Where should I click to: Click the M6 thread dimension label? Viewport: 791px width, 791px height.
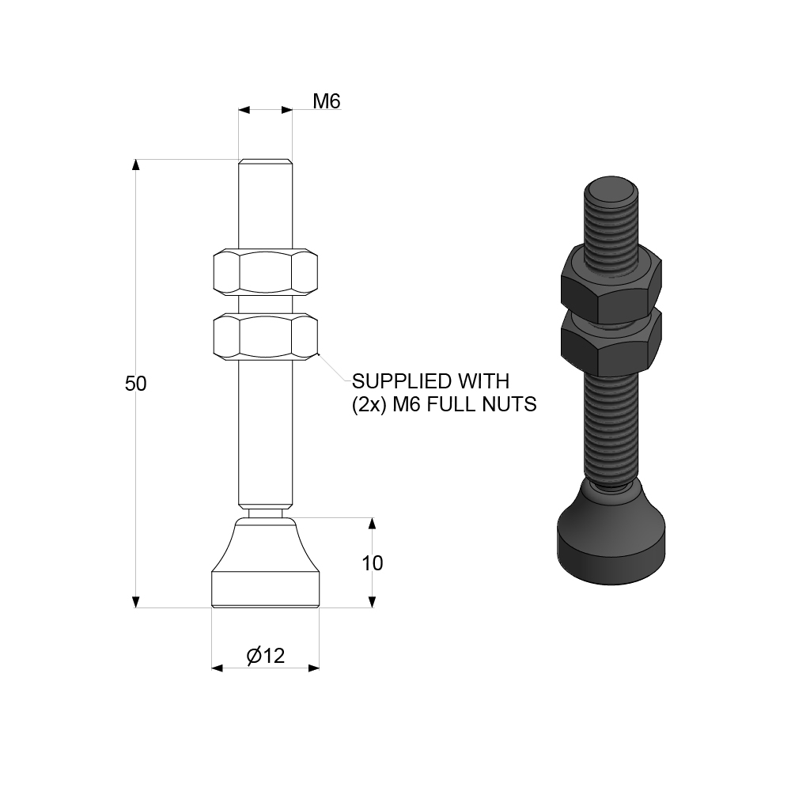point(326,101)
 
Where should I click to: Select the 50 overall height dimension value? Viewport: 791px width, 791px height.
point(136,384)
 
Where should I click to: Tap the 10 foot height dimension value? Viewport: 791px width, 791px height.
point(372,563)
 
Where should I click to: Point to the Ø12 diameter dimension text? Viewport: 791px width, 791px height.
point(265,656)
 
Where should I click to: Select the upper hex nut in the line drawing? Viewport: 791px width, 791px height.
point(265,273)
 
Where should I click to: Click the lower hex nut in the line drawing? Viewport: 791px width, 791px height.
point(265,336)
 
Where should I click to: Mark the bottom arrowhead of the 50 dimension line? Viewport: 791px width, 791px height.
point(136,602)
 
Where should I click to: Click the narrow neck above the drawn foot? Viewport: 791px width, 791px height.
point(265,513)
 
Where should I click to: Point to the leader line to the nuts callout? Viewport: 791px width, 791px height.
point(332,369)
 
